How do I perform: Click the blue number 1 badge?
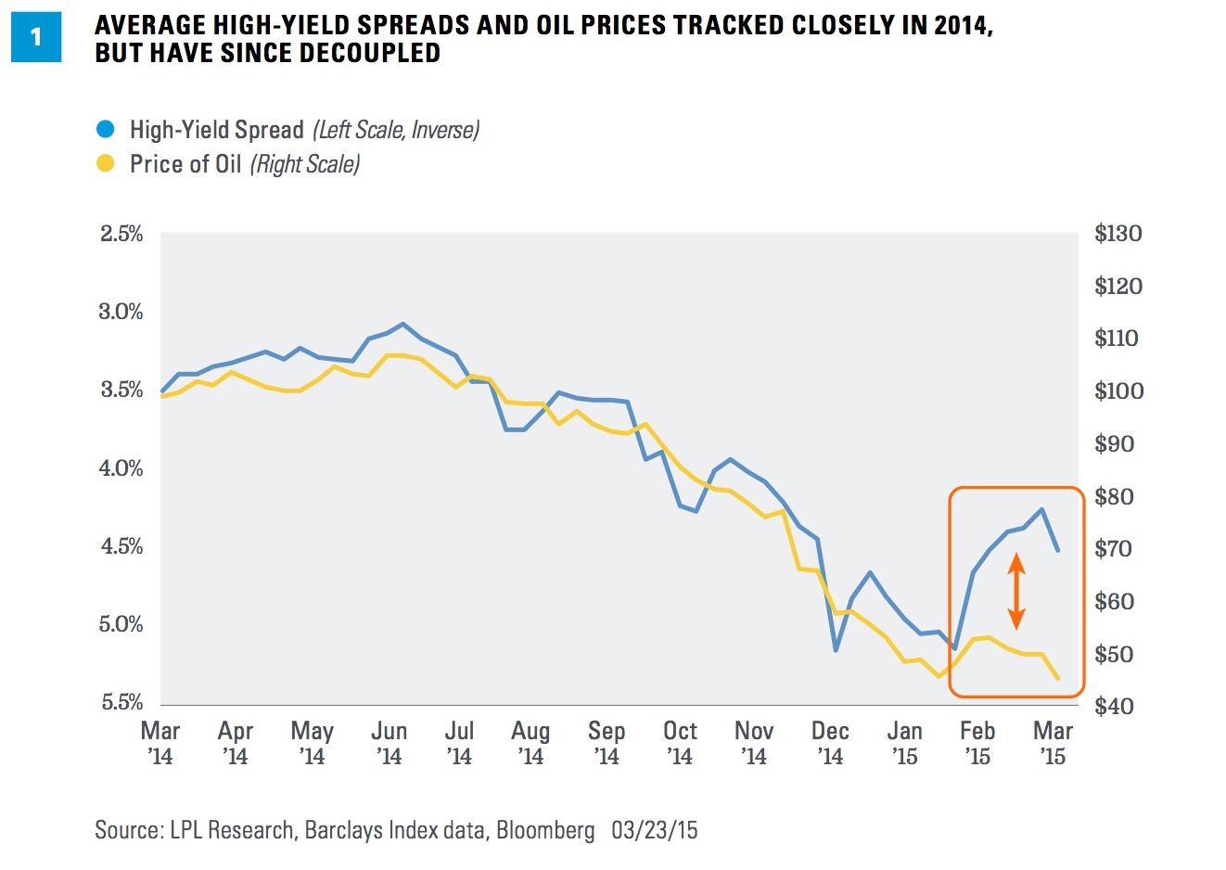point(36,37)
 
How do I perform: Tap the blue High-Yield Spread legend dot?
point(106,129)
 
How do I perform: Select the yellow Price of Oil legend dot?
point(106,164)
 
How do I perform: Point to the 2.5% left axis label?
point(121,234)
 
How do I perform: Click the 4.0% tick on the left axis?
point(121,468)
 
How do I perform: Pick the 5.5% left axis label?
point(121,702)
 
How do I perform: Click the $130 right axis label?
point(1117,234)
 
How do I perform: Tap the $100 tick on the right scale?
point(1117,391)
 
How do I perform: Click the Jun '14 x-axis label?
point(390,743)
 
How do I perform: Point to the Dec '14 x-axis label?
point(830,743)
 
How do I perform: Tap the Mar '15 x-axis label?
point(1053,743)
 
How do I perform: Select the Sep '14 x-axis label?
point(607,743)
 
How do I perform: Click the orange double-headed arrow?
point(1016,591)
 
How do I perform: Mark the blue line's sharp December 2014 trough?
point(836,649)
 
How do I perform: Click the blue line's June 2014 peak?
point(402,324)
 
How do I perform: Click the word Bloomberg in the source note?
point(545,829)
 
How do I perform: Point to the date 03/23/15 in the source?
point(655,829)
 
